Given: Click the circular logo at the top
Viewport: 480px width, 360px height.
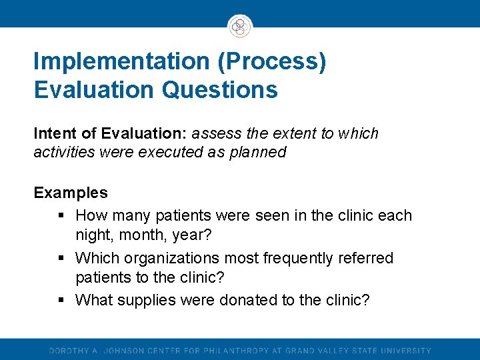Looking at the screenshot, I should point(239,27).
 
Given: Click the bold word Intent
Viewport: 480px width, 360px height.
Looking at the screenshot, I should point(53,134).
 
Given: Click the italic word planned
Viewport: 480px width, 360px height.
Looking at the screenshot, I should point(257,152).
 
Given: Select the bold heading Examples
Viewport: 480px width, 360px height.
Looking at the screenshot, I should point(71,193).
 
